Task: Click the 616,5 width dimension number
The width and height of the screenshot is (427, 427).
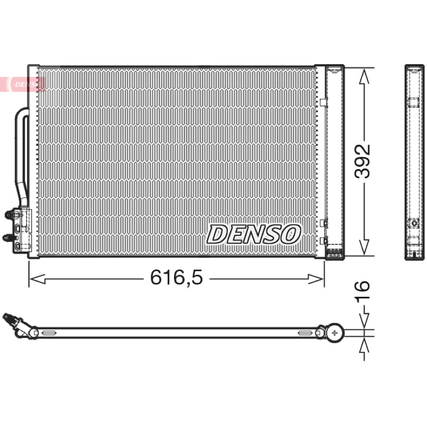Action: (x=177, y=277)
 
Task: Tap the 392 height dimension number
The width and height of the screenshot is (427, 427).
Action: (x=362, y=161)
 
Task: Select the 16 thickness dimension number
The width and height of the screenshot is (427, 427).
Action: (x=362, y=290)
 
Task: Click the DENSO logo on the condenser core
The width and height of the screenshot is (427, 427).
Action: (x=254, y=234)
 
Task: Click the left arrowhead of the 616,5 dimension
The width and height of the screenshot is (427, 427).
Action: (x=37, y=279)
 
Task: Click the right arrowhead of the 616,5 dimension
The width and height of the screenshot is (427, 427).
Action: (x=316, y=279)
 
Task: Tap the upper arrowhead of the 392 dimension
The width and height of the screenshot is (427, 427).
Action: (x=364, y=76)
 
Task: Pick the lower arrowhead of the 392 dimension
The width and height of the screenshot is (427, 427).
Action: (x=364, y=247)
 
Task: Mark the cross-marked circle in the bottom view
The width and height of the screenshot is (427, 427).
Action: (x=335, y=333)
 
